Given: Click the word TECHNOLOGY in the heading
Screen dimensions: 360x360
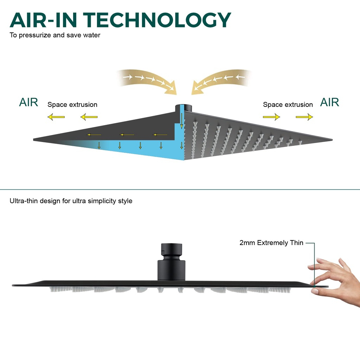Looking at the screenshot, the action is (157, 20).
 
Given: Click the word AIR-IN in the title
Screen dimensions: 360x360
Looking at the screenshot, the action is (43, 20).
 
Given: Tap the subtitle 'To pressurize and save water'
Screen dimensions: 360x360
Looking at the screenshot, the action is (55, 35).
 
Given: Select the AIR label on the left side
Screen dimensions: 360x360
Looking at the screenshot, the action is (28, 102).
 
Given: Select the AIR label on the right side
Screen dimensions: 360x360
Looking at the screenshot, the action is (329, 102).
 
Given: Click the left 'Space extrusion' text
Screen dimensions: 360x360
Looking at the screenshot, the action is (72, 105).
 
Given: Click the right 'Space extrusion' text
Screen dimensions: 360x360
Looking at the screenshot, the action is (288, 105).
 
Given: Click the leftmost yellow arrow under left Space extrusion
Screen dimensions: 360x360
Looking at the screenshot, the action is (56, 117).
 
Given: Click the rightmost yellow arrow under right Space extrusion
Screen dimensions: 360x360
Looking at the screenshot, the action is (304, 117).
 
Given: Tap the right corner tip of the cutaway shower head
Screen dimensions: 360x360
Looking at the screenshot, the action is (332, 140).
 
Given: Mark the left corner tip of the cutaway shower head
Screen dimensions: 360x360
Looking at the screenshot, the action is (34, 139).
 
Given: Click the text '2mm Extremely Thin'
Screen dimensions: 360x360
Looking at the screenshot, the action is (271, 243).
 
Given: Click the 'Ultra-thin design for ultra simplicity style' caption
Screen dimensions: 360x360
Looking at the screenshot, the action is (71, 201).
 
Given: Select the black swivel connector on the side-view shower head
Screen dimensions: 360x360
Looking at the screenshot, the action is (171, 262).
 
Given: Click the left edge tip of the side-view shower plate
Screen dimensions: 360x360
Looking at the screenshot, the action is (12, 285).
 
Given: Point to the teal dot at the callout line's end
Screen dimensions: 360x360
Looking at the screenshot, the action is (314, 286).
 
